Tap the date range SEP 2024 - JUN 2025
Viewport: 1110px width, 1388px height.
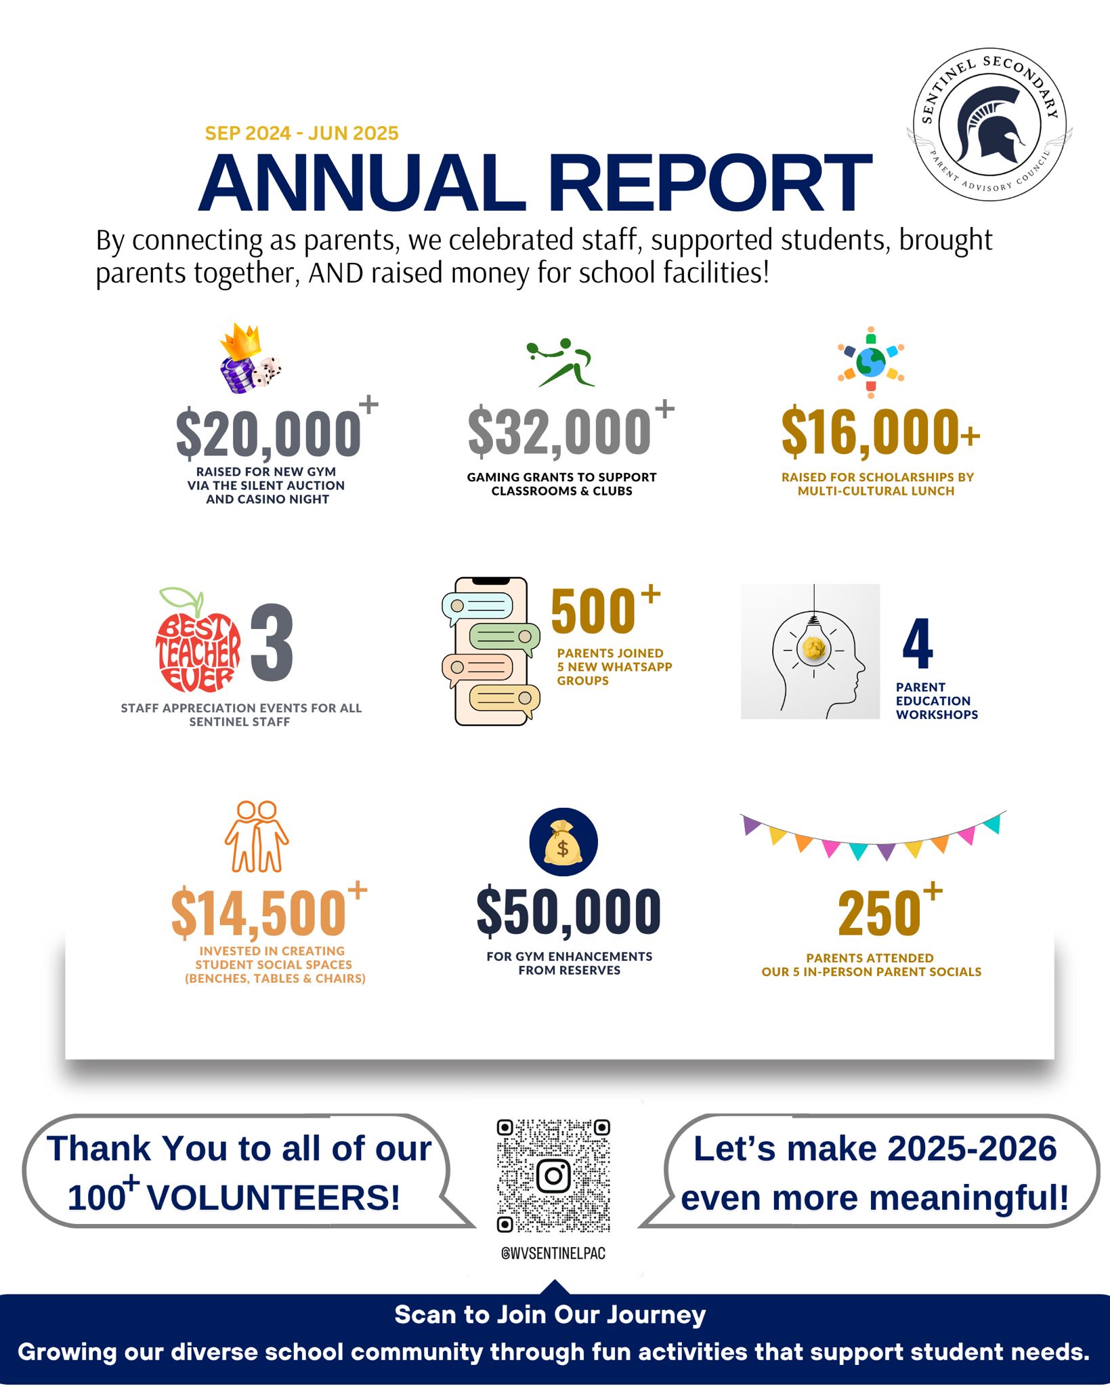(301, 134)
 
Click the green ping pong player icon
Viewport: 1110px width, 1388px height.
(561, 363)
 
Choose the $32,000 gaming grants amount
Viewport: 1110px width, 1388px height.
(560, 432)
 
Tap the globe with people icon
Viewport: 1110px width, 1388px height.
(871, 362)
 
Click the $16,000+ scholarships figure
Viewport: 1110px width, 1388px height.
(879, 432)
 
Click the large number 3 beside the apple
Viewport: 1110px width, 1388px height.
(272, 642)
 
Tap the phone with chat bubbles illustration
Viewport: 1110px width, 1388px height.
(490, 651)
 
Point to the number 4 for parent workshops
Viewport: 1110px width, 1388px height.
(918, 644)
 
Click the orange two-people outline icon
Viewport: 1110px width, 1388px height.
(257, 836)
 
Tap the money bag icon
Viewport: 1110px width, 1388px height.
(563, 842)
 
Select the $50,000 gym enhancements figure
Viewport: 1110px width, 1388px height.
(569, 912)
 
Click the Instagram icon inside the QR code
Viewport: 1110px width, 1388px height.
(553, 1176)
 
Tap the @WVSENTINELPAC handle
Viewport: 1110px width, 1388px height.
(553, 1253)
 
